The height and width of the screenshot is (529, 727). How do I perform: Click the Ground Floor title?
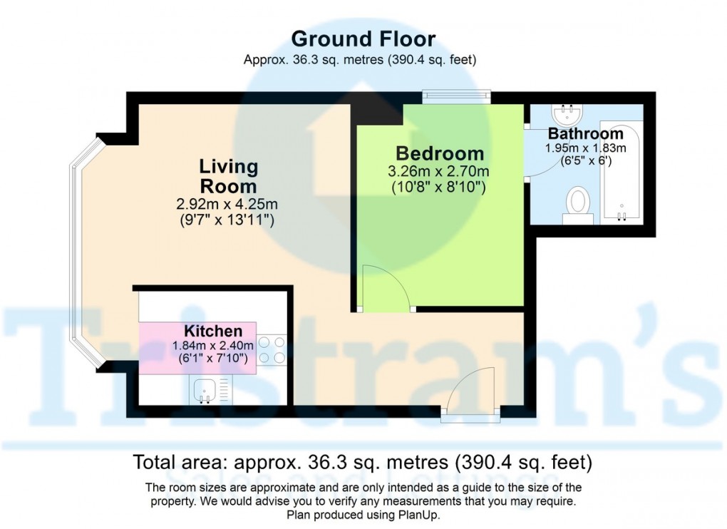click(363, 38)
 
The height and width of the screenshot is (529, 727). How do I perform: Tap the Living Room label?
click(228, 176)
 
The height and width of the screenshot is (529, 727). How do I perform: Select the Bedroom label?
click(440, 153)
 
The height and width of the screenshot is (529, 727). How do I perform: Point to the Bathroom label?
click(585, 134)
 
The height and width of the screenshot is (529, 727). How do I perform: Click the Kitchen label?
click(213, 332)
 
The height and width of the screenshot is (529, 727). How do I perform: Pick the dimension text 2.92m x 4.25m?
click(227, 205)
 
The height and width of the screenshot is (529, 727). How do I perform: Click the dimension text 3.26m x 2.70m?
click(438, 172)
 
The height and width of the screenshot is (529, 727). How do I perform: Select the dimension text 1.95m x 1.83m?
click(585, 148)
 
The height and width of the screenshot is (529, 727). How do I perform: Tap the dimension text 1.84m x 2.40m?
click(213, 346)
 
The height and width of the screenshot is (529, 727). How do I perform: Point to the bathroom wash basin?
click(568, 114)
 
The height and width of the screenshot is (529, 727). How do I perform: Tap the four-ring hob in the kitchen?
click(271, 349)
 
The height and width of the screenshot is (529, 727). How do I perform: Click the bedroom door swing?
click(385, 289)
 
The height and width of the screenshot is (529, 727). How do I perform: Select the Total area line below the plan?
click(363, 463)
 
